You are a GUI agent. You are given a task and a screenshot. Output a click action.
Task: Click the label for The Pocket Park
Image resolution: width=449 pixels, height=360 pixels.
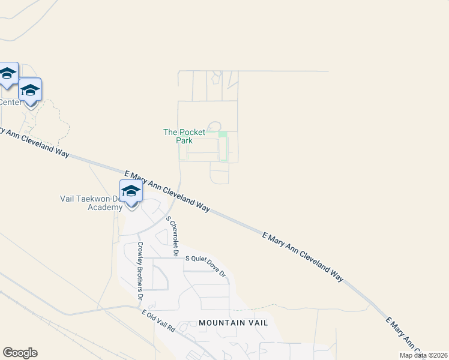tap(184, 136)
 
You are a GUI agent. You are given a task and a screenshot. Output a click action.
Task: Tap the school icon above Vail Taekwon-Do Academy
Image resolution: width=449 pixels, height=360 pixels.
tap(131, 192)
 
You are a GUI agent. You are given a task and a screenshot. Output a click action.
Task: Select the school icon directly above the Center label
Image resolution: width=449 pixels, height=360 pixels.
tap(29, 91)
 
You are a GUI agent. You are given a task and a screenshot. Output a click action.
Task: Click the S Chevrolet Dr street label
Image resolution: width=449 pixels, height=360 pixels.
tap(172, 236)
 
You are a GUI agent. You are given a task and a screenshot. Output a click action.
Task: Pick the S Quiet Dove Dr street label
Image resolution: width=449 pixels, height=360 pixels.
tap(205, 266)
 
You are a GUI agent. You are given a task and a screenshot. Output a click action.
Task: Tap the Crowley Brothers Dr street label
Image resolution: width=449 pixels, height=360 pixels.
tap(140, 271)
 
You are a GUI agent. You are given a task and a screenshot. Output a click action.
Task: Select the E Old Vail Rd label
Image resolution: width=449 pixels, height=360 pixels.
tap(158, 321)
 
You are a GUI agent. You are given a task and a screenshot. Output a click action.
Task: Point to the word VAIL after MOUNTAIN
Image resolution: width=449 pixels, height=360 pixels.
tap(255, 323)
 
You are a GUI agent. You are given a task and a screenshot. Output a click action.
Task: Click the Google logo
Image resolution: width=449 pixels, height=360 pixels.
tap(20, 353)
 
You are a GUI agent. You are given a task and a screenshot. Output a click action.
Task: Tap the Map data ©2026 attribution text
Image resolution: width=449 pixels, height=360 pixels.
tap(423, 355)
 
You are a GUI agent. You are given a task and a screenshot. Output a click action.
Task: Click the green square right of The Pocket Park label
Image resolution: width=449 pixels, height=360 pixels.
tap(223, 134)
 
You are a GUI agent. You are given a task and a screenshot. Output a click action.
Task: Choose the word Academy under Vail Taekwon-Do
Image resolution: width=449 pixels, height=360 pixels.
tap(105, 207)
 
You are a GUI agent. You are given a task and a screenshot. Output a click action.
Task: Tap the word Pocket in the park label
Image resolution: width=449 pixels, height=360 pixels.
tap(191, 132)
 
